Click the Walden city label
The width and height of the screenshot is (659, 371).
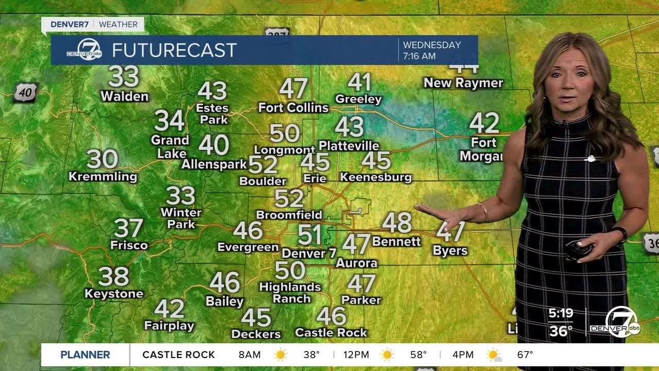pos(124,96)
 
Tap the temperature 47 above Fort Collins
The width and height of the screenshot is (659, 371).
pos(293,89)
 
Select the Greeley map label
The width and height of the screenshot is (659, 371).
pos(358,99)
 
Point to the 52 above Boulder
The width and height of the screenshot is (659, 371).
pos(263,165)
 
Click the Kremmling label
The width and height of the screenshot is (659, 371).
pos(103,177)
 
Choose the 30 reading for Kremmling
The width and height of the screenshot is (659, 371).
pos(102,159)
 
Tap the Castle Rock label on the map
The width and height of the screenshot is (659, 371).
pos(331,333)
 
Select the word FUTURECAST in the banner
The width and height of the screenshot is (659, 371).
pos(174,50)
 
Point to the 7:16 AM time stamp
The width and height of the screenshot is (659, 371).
pos(419,56)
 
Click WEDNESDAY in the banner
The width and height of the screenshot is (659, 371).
pos(431,45)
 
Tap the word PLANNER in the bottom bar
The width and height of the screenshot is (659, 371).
pos(85,355)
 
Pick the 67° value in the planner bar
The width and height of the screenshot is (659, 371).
pos(525,355)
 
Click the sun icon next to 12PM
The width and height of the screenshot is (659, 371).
pos(387,355)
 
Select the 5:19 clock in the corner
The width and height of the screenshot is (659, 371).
pos(561,313)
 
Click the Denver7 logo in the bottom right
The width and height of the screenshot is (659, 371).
pos(622,323)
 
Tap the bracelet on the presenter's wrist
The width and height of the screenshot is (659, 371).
pos(483,212)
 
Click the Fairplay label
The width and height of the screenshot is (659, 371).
pos(169,326)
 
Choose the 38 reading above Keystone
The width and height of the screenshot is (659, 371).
pos(114,277)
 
